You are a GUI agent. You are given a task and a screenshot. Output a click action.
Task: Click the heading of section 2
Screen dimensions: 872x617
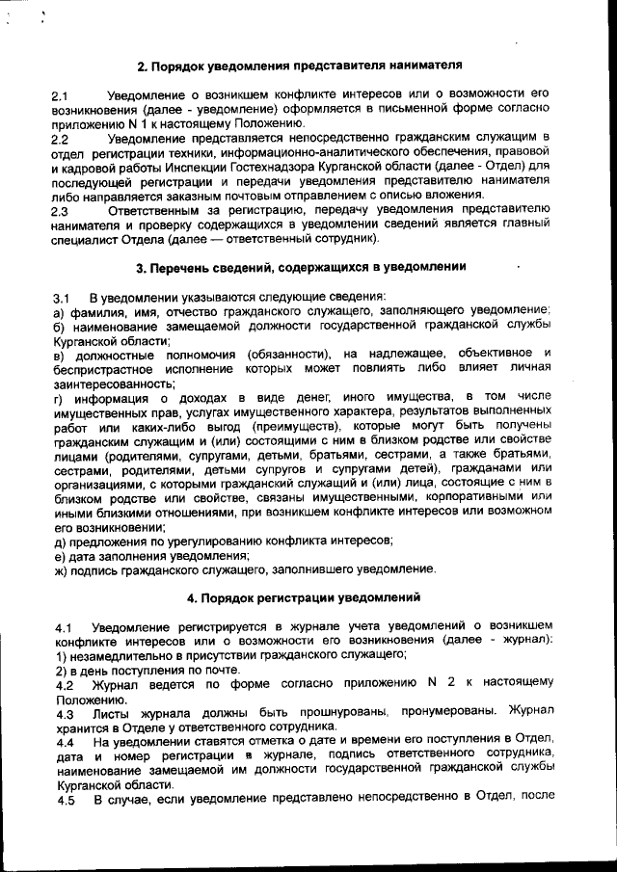tap(299, 66)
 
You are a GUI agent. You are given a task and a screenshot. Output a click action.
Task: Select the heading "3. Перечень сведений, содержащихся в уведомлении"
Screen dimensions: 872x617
tap(301, 266)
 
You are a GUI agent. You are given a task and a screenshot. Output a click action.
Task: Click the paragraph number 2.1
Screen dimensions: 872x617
tap(60, 97)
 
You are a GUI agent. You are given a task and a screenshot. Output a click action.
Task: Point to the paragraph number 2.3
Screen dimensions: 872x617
tap(60, 209)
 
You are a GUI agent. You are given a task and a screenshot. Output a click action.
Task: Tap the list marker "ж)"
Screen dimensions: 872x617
tap(61, 568)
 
